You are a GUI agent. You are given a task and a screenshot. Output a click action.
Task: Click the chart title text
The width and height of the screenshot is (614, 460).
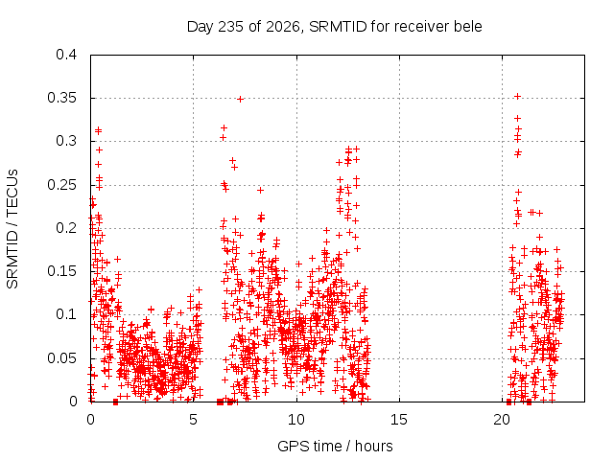pyautogui.click(x=335, y=27)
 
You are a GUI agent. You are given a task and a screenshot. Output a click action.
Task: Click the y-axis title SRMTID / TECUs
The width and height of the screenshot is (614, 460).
pyautogui.click(x=12, y=229)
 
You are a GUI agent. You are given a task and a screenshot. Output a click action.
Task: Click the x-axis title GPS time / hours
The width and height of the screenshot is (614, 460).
pyautogui.click(x=335, y=446)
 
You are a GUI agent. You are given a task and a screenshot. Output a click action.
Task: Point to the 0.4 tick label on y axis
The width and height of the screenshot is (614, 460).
pyautogui.click(x=66, y=55)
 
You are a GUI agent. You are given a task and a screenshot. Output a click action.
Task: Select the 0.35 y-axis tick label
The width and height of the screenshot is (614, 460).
pyautogui.click(x=61, y=98)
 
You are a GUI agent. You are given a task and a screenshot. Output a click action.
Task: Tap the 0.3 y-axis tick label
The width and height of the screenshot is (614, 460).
pyautogui.click(x=66, y=141)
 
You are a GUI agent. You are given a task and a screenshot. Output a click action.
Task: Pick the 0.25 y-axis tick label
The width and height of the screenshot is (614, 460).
pyautogui.click(x=61, y=185)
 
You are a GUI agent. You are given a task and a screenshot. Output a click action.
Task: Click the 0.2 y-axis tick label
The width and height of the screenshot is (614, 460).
pyautogui.click(x=66, y=228)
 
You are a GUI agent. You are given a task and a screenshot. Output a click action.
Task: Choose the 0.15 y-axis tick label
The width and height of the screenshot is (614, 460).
pyautogui.click(x=61, y=271)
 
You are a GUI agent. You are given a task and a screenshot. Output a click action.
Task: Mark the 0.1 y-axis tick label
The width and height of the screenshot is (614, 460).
pyautogui.click(x=66, y=314)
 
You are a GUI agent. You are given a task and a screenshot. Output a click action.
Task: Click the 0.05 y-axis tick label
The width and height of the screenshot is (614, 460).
pyautogui.click(x=61, y=357)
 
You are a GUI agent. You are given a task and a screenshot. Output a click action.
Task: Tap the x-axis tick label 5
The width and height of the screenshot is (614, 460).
pyautogui.click(x=193, y=420)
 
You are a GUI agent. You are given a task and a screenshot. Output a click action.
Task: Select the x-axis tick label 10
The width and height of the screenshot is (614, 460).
pyautogui.click(x=296, y=420)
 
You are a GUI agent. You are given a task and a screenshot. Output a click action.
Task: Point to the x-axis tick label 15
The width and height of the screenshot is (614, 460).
pyautogui.click(x=399, y=420)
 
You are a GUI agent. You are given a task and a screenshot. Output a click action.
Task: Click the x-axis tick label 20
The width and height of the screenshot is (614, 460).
pyautogui.click(x=502, y=420)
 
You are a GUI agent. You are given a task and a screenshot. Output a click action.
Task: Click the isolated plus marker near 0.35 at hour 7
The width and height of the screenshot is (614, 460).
pyautogui.click(x=241, y=100)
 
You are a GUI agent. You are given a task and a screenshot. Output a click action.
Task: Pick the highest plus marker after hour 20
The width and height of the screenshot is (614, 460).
pyautogui.click(x=517, y=96)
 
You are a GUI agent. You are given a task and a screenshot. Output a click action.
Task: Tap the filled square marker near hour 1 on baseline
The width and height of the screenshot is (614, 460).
pyautogui.click(x=115, y=402)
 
